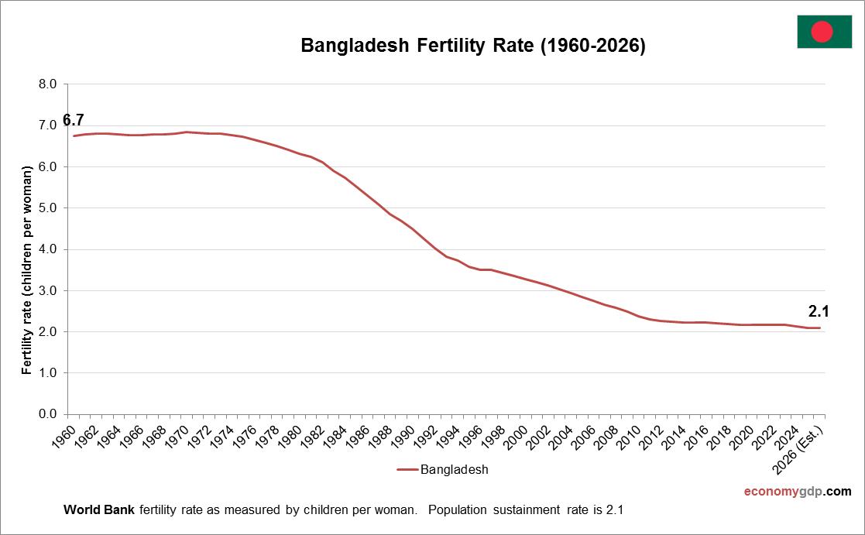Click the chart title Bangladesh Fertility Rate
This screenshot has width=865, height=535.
[x=472, y=46]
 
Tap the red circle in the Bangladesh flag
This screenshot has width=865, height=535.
[x=822, y=32]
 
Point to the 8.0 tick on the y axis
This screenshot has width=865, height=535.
[x=48, y=84]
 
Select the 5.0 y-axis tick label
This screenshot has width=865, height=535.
[x=48, y=208]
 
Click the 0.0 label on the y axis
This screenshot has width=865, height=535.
[x=48, y=414]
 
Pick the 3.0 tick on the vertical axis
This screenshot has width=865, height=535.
[x=48, y=290]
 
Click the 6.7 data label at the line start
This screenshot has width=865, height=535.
[x=73, y=120]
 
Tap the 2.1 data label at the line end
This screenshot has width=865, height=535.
[x=819, y=312]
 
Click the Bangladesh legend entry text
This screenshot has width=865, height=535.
[x=454, y=469]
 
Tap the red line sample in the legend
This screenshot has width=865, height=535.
[x=407, y=469]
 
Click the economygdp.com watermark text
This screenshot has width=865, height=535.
[x=797, y=492]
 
